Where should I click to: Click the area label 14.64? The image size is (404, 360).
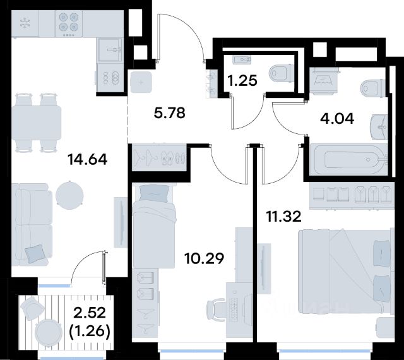pyautogui.click(x=87, y=159)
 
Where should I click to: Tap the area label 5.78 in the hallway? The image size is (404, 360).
pyautogui.click(x=169, y=113)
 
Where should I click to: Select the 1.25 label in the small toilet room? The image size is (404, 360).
pyautogui.click(x=242, y=80)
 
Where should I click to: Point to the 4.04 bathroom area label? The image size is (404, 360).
pyautogui.click(x=336, y=119)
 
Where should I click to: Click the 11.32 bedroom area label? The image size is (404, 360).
pyautogui.click(x=283, y=217)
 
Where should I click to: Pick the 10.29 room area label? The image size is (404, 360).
pyautogui.click(x=204, y=258)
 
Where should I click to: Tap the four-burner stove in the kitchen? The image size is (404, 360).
pyautogui.click(x=69, y=23)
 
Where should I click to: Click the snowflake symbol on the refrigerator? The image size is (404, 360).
pyautogui.click(x=25, y=23)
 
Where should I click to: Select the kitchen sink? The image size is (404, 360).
pyautogui.click(x=110, y=50)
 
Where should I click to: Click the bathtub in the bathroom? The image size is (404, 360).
pyautogui.click(x=349, y=160)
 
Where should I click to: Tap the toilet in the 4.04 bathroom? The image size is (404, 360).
pyautogui.click(x=373, y=88)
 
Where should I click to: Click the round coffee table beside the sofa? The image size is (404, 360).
pyautogui.click(x=69, y=195)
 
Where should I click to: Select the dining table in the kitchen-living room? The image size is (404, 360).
pyautogui.click(x=37, y=123)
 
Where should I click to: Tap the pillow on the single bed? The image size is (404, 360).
pyautogui.click(x=153, y=193)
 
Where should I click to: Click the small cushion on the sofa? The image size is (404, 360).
pyautogui.click(x=35, y=254)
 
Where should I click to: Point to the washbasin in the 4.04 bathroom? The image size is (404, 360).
pyautogui.click(x=379, y=127)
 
